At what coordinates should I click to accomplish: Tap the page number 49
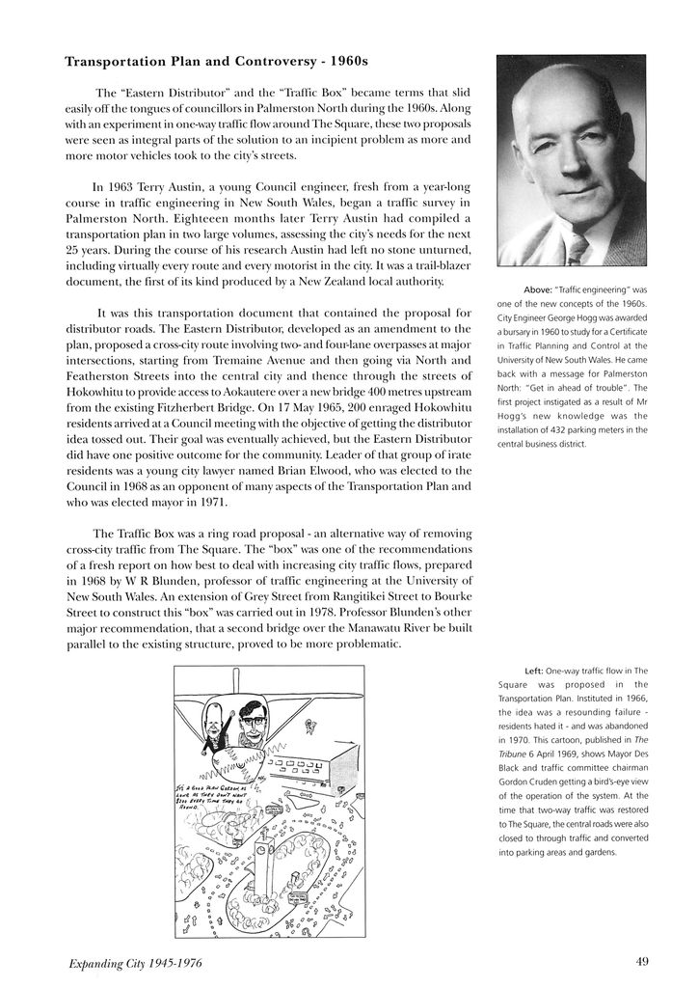pos(642,960)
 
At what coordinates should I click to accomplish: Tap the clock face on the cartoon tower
pos(261,851)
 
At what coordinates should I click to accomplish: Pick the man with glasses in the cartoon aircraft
pos(253,719)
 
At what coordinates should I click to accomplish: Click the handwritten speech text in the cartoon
pos(197,797)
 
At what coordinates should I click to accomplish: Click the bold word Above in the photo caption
pos(537,289)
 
